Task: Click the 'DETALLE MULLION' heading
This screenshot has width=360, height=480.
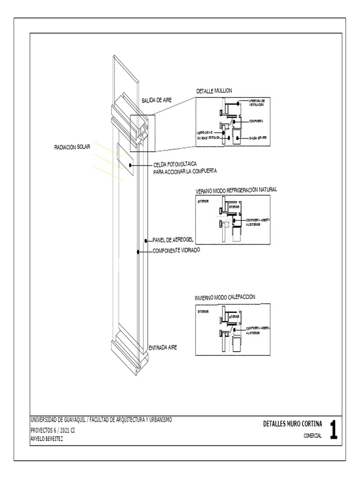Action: (x=214, y=90)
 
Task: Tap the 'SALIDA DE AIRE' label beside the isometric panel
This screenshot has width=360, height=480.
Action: (x=158, y=100)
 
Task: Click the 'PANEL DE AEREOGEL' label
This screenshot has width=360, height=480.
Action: (x=173, y=240)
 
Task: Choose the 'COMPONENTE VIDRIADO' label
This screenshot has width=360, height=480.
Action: (x=176, y=251)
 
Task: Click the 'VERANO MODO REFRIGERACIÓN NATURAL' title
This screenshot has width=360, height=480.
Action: (x=236, y=190)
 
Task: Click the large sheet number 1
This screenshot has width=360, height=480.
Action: (x=333, y=430)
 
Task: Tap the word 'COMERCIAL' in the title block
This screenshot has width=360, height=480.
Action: (x=312, y=436)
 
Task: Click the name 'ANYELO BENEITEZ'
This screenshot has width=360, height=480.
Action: (x=46, y=439)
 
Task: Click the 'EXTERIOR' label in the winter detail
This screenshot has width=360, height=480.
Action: (x=203, y=311)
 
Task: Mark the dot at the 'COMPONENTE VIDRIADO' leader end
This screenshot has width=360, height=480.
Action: (x=138, y=252)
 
